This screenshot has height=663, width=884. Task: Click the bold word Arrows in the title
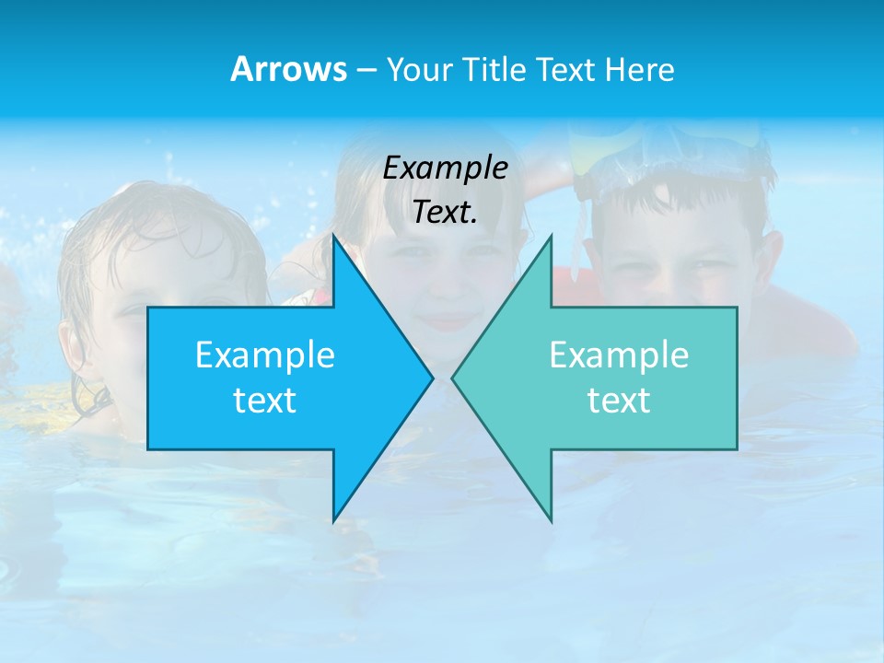click(287, 69)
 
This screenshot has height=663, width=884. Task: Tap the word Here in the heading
click(641, 69)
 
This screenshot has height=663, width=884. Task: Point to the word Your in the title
click(418, 69)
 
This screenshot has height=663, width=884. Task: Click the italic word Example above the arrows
click(445, 168)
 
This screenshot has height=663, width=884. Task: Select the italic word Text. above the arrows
click(445, 212)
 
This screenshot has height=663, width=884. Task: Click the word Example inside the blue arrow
click(265, 355)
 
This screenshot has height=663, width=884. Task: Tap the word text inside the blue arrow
click(265, 400)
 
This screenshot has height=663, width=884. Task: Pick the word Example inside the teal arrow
click(619, 355)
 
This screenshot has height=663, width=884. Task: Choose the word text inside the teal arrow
click(619, 400)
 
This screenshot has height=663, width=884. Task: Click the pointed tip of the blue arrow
click(432, 378)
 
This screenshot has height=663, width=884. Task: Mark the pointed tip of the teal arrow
click(453, 378)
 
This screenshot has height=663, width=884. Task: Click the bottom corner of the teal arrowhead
click(551, 521)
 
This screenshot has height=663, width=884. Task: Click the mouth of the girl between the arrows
click(447, 320)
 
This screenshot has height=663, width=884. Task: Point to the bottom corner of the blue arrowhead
click(334, 520)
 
